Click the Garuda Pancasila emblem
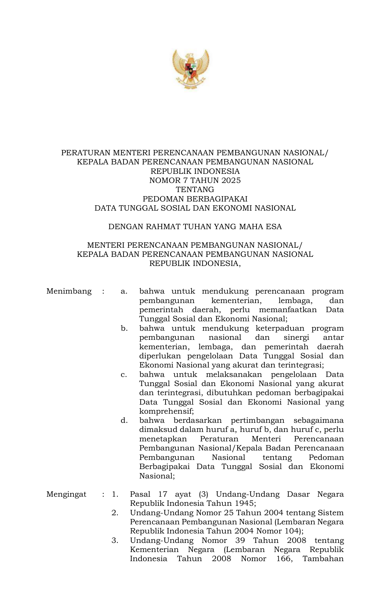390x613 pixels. click(190, 69)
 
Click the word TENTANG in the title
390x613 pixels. click(195, 190)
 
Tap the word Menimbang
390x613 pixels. click(69, 291)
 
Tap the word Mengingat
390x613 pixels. click(66, 494)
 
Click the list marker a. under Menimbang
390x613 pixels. click(124, 291)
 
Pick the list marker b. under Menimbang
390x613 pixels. click(124, 329)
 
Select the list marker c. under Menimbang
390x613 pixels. click(124, 375)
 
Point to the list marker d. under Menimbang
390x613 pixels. click(124, 421)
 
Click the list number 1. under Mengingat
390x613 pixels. click(115, 494)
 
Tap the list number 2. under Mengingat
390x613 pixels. click(115, 513)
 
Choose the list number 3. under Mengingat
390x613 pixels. click(115, 540)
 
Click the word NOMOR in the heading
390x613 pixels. click(161, 180)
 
